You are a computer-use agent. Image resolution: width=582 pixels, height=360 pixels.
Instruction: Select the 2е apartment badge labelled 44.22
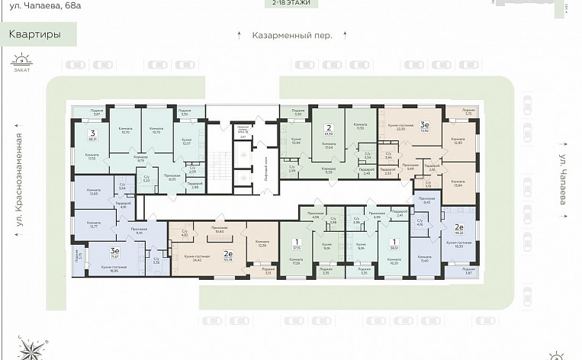(459, 229)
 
